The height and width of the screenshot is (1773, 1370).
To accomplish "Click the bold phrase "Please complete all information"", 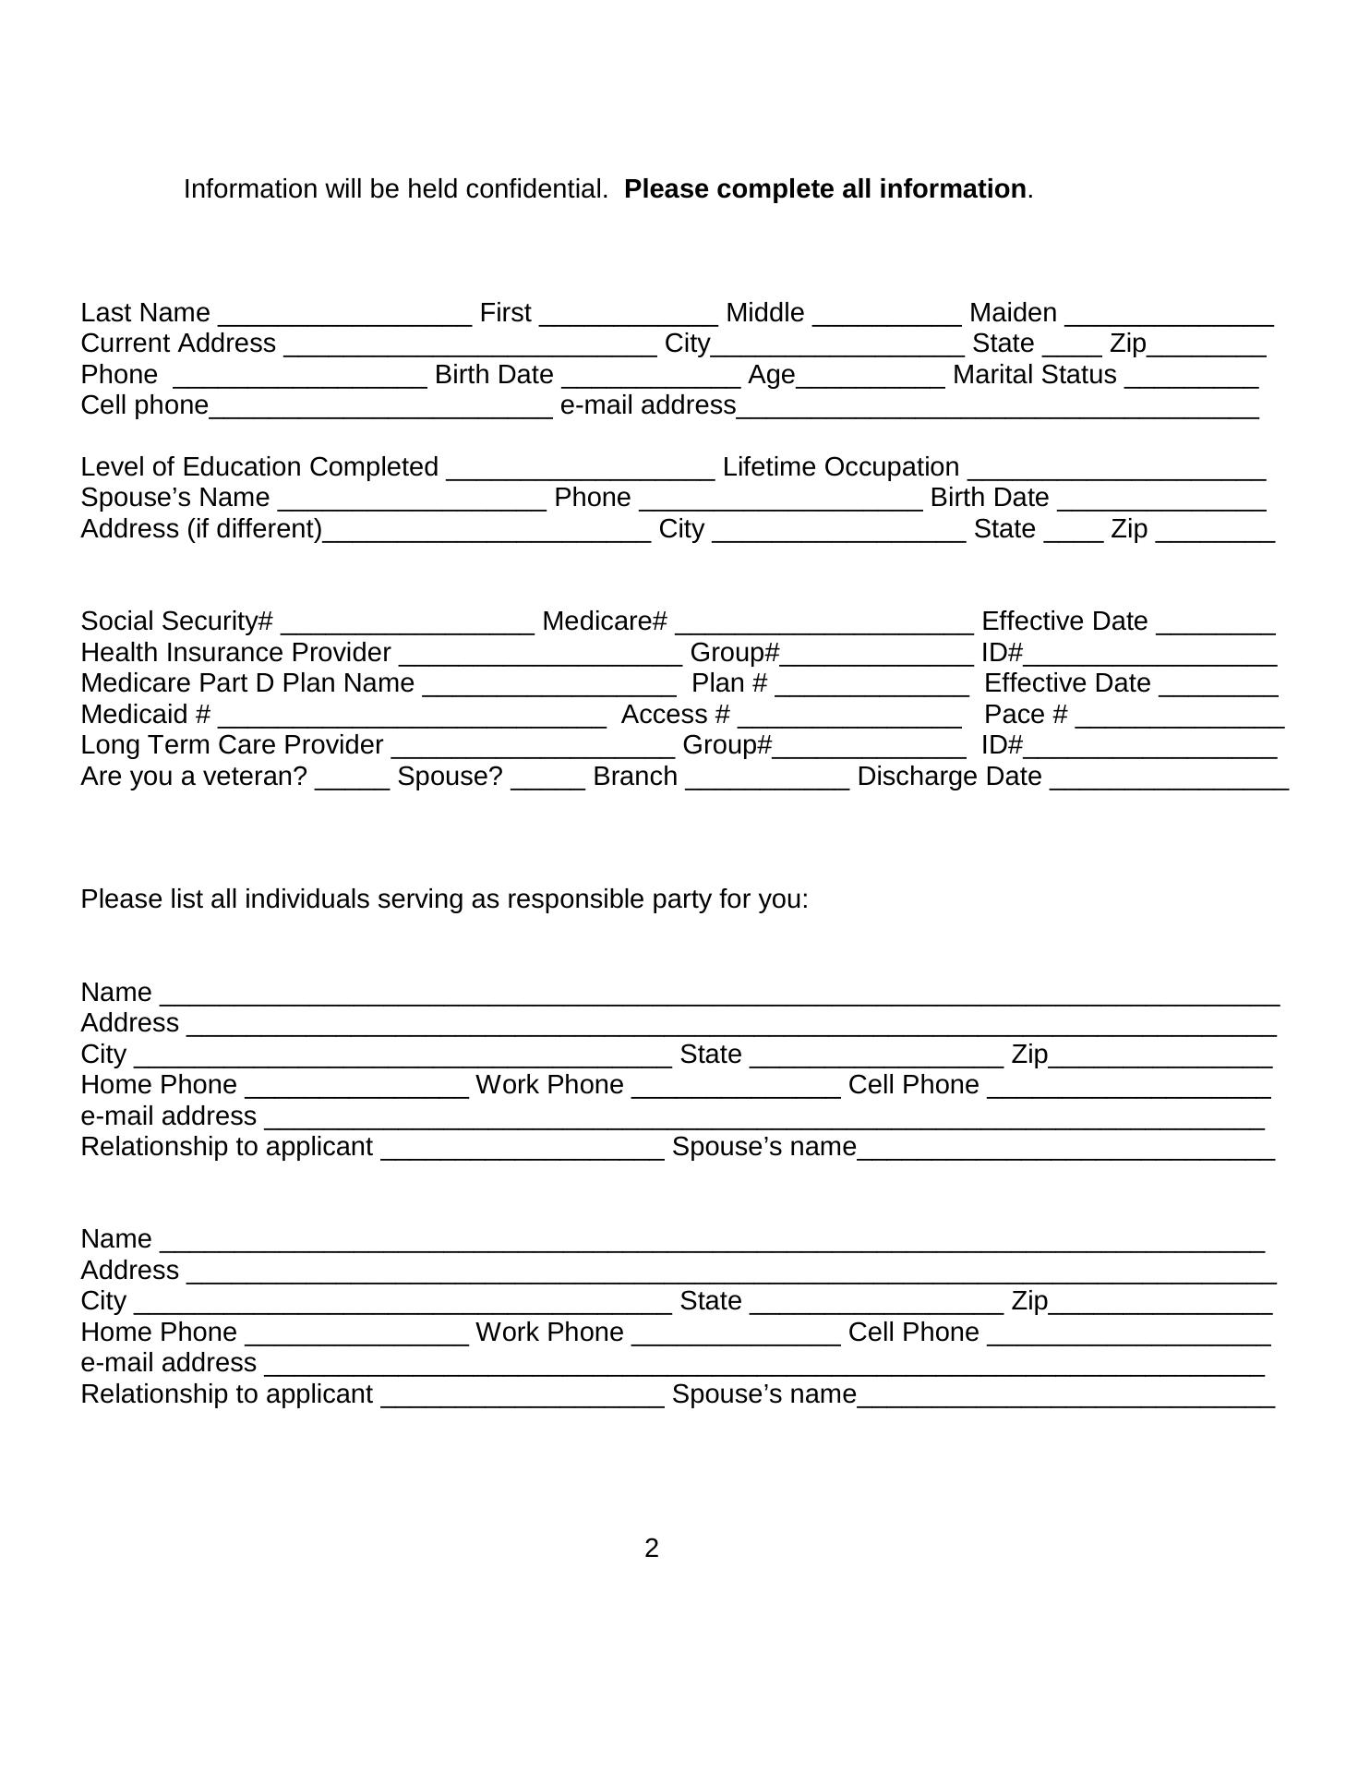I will tap(824, 189).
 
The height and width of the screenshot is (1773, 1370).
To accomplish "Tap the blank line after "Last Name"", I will tap(344, 316).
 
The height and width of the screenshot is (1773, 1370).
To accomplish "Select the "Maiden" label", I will tap(1013, 313).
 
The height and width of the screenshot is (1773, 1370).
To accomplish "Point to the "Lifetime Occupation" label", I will tap(840, 467).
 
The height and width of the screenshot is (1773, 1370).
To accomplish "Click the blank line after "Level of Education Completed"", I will tap(580, 470).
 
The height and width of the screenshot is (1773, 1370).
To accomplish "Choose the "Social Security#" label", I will tap(176, 621).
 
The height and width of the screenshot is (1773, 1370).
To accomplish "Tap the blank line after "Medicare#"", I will tap(823, 624).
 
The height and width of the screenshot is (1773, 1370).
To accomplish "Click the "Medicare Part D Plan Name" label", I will tap(247, 683).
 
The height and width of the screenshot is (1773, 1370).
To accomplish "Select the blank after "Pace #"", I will tap(1179, 718).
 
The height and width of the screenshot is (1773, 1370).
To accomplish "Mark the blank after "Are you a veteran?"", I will tap(352, 779).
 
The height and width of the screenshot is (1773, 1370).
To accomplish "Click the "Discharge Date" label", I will tap(949, 777).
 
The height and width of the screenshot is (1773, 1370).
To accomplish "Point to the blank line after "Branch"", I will tap(766, 779).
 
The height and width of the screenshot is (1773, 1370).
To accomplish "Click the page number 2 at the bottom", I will tap(652, 1549).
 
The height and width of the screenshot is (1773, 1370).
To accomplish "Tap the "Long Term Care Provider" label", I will tap(232, 745).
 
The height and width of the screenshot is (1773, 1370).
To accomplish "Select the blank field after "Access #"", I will tap(849, 718).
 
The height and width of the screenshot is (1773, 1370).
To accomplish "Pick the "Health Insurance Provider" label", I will tap(235, 653).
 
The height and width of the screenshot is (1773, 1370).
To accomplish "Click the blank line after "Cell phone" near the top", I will tap(380, 409).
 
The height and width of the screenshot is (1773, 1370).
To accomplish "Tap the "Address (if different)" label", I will tap(201, 529).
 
